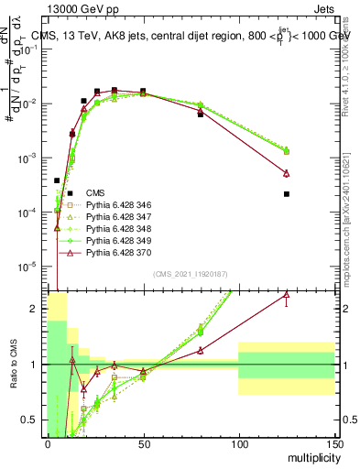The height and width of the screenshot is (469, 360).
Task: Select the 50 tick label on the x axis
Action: tap(143, 443)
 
